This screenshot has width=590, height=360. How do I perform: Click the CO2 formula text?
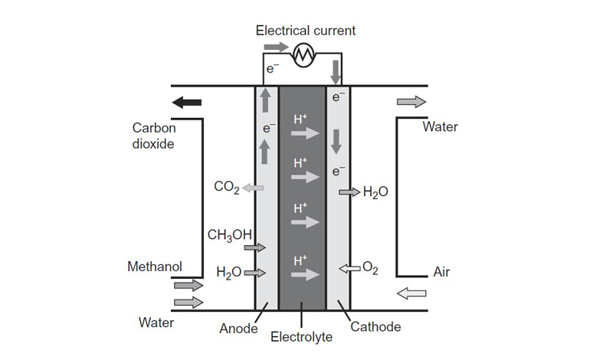click(x=226, y=187)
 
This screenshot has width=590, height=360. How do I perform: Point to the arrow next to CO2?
click(x=252, y=187)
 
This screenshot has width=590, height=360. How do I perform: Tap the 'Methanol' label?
click(x=154, y=267)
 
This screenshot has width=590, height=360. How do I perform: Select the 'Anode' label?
click(x=239, y=329)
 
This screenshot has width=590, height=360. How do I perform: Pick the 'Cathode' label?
click(x=375, y=327)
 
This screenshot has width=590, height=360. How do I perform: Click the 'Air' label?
click(x=441, y=272)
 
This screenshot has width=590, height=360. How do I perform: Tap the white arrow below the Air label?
click(x=411, y=293)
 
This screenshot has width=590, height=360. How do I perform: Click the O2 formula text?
click(x=370, y=267)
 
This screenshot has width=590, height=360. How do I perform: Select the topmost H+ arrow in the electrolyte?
click(x=305, y=133)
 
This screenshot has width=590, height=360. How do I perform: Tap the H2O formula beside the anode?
click(x=229, y=273)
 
